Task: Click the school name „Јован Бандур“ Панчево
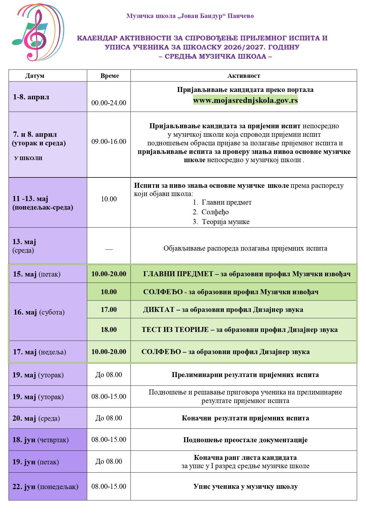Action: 190,16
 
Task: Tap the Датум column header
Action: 35,76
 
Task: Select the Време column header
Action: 110,76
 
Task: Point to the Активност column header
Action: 244,76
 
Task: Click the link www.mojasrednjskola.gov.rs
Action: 245,100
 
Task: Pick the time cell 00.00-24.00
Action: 109,103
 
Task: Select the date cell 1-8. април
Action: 31,97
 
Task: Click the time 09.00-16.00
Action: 109,142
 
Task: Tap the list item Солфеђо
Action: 215,212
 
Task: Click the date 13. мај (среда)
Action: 24,246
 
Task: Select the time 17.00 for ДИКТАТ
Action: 109,310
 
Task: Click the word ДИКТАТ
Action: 159,310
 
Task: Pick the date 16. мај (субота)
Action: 39,312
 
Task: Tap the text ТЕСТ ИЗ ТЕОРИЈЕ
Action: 175,330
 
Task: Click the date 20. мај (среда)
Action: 36,418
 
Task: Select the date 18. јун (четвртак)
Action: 40,440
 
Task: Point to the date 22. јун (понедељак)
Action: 45,487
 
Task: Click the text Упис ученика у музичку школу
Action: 245,487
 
